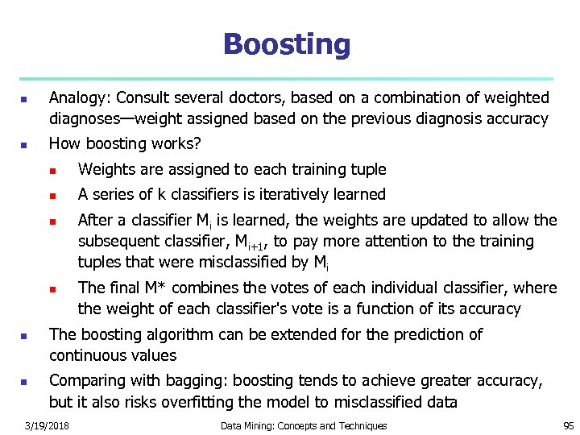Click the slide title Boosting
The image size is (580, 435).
pyautogui.click(x=287, y=44)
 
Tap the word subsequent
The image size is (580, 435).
pyautogui.click(x=118, y=241)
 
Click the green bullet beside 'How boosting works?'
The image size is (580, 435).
pyautogui.click(x=24, y=146)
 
